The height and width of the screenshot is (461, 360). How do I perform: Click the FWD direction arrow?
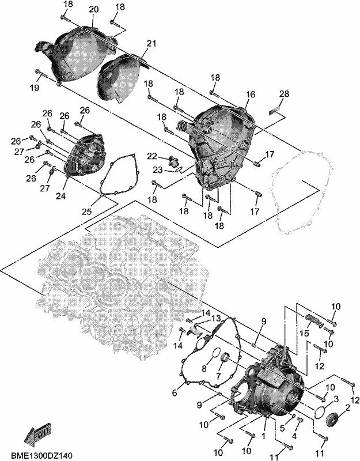tap(37, 432)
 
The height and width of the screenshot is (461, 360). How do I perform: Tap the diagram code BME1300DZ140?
tap(41, 455)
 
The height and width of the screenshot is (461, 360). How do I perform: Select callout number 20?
tap(94, 9)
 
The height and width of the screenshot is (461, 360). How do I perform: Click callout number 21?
tap(151, 44)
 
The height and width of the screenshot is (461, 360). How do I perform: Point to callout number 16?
tap(251, 95)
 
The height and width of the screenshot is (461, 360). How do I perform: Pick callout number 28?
tap(284, 94)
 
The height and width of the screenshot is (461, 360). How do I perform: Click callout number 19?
tap(35, 88)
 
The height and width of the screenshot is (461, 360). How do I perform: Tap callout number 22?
tap(152, 156)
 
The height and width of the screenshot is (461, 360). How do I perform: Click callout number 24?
tap(61, 196)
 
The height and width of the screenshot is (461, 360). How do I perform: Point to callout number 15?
tap(305, 334)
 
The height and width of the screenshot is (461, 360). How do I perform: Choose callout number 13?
tap(216, 319)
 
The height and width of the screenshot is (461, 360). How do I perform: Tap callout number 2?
tap(348, 407)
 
